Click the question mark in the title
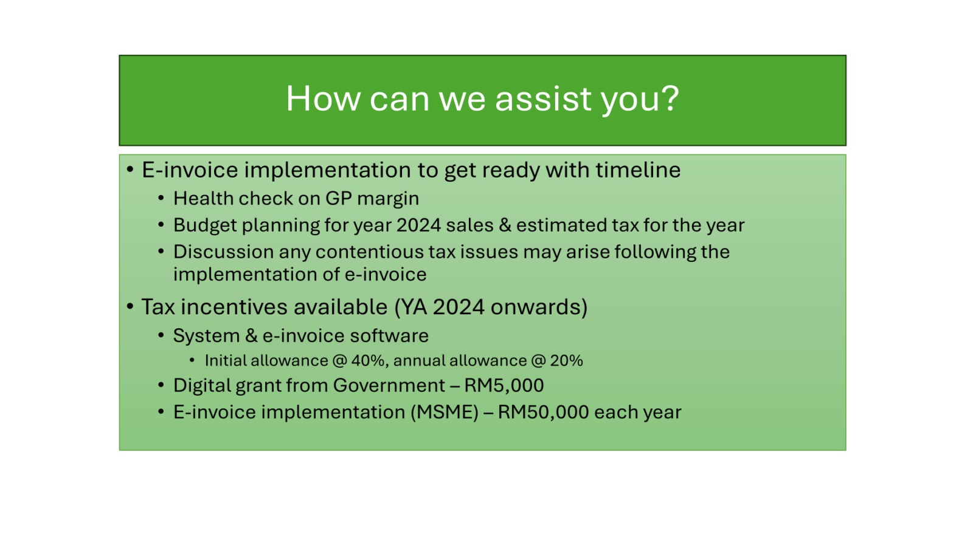[x=670, y=98]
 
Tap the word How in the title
[x=323, y=98]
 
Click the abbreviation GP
[x=338, y=198]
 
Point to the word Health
[x=204, y=198]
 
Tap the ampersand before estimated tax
[x=505, y=225]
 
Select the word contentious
[x=369, y=252]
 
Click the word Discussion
[x=223, y=252]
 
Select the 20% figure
[x=566, y=361]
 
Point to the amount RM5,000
[x=504, y=385]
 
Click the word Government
[x=389, y=385]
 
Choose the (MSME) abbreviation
[x=445, y=413]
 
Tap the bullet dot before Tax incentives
[x=130, y=307]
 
